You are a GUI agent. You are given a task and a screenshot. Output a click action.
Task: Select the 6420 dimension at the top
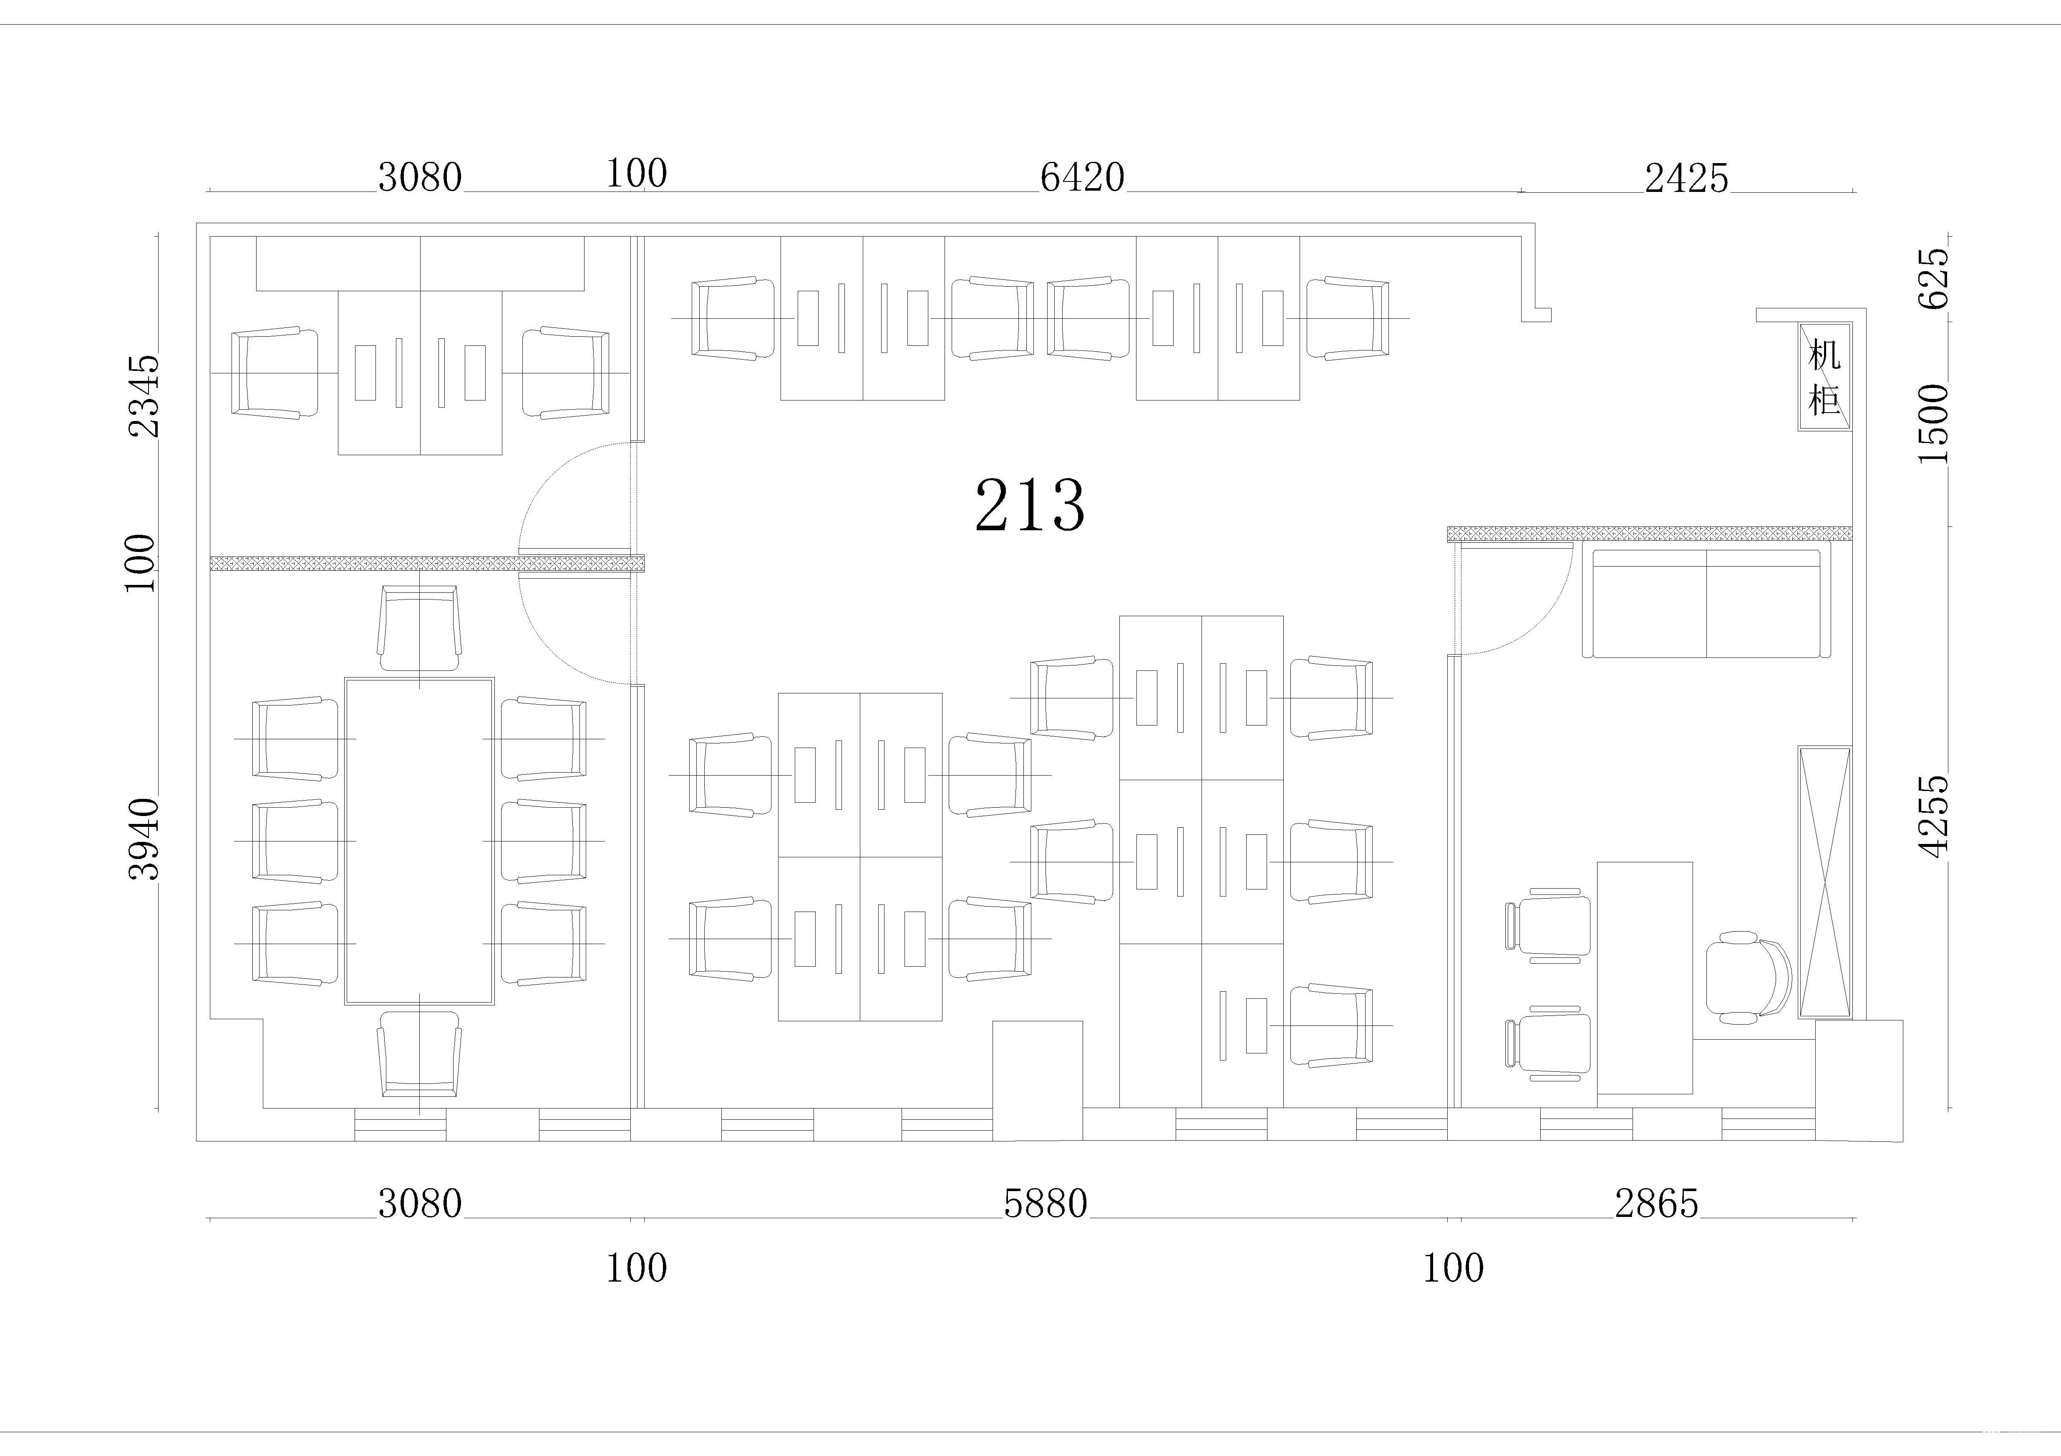[x=1083, y=178]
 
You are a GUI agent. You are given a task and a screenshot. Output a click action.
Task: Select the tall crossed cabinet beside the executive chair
[x=1824, y=882]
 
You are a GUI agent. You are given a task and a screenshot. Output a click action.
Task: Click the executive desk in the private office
[x=1645, y=977]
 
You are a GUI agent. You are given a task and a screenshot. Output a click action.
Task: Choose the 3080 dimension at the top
[x=419, y=178]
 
